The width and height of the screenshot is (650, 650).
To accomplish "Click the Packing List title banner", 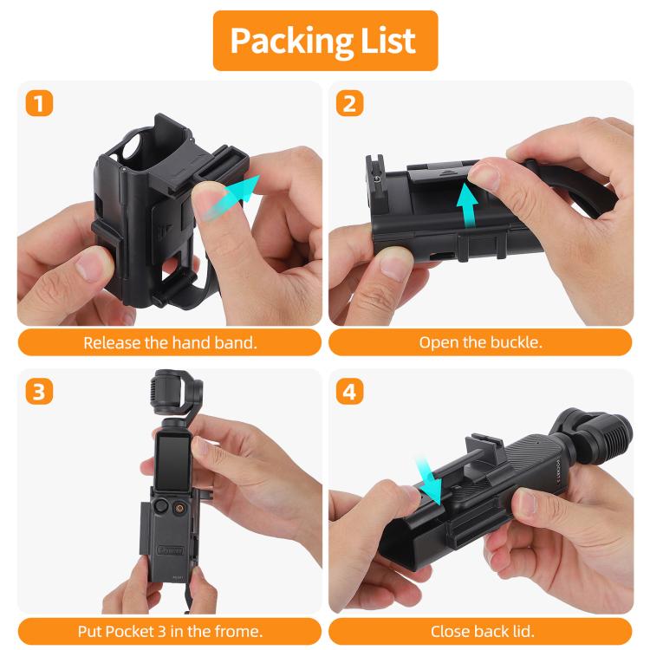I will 325,40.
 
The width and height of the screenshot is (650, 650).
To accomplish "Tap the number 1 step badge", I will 38,104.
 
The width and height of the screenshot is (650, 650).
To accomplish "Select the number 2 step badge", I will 349,104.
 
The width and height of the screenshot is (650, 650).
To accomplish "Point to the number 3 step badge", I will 38,392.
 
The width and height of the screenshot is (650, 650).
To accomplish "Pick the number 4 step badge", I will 349,392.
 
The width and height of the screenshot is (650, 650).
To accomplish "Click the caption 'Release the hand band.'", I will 170,342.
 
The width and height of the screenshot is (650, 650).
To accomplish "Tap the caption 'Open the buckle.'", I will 481,342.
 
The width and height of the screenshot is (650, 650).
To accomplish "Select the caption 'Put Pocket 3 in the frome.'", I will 170,630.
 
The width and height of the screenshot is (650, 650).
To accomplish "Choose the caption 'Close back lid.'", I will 481,630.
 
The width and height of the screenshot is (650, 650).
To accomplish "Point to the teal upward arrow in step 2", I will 468,206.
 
